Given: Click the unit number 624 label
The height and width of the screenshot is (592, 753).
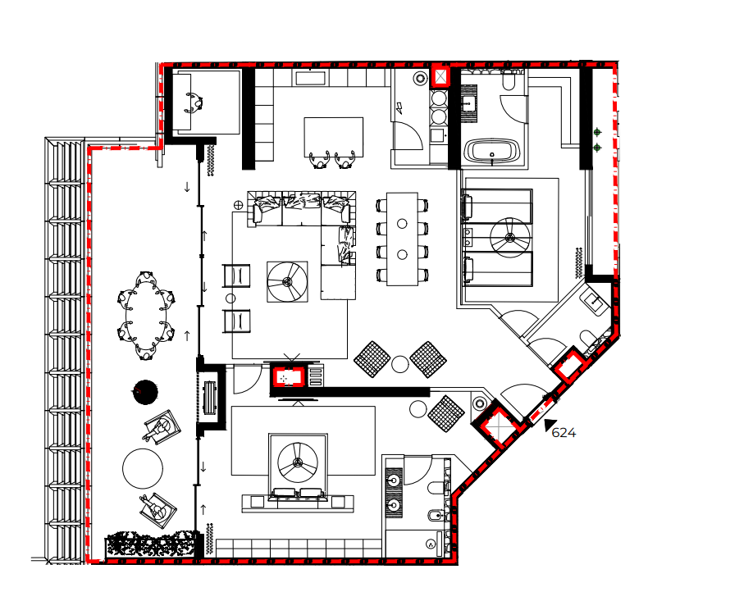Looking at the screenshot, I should tap(564, 433).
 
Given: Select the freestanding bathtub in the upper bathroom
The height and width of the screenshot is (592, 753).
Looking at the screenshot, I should tap(491, 152).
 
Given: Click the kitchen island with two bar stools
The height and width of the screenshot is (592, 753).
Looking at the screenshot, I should tap(333, 136).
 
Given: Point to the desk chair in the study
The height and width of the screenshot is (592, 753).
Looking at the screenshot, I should tap(195, 103).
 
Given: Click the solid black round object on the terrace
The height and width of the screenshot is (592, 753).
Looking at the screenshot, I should tap(144, 392).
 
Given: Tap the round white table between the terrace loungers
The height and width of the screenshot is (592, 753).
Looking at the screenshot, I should tap(143, 468).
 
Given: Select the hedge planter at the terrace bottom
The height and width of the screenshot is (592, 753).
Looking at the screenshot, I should tap(153, 545).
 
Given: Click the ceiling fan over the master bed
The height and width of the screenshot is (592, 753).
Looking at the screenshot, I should tap(298, 464).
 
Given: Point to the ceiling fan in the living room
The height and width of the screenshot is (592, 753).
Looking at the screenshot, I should tap(287, 282).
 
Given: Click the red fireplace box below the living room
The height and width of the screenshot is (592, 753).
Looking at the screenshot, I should tap(289, 376).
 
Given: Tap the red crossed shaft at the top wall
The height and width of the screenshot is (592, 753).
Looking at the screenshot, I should tap(441, 77).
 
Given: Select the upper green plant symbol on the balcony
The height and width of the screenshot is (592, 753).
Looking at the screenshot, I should tap(597, 132).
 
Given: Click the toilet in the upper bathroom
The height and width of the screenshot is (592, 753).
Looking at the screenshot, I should tap(509, 81).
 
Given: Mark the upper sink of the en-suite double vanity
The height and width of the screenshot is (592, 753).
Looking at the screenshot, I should tap(395, 480).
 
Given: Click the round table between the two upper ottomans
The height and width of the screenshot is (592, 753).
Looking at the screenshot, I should tap(399, 364).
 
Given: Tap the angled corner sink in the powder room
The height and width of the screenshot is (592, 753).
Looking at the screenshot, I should tap(595, 303).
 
